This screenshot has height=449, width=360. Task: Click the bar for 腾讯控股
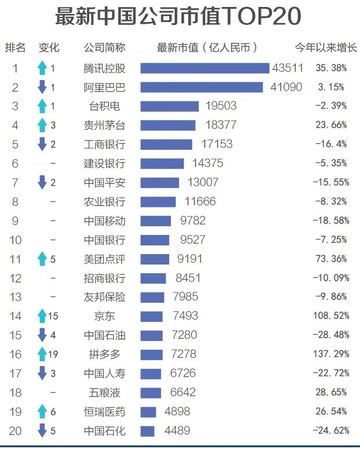pos(205,68)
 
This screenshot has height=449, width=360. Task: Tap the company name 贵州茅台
pos(104,125)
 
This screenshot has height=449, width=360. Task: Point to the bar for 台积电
pos(169,106)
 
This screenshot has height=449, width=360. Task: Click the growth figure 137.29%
pos(331,353)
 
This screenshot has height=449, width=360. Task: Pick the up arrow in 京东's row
pos(42,316)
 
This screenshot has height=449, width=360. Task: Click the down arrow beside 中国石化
pos(42,430)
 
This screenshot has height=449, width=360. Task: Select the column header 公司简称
pos(104,47)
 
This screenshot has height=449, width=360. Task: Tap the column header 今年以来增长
pos(326,47)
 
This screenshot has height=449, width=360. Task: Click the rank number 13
pos(16,296)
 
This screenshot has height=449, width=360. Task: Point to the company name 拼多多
pos(104,353)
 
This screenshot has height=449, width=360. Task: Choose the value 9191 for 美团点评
pos(185,259)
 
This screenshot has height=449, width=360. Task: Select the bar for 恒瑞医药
pos(148,411)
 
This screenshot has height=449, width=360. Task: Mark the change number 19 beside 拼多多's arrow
pos(53,354)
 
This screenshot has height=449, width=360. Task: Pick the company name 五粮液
pos(104,392)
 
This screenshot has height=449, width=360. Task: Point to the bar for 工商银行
pos(166,144)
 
